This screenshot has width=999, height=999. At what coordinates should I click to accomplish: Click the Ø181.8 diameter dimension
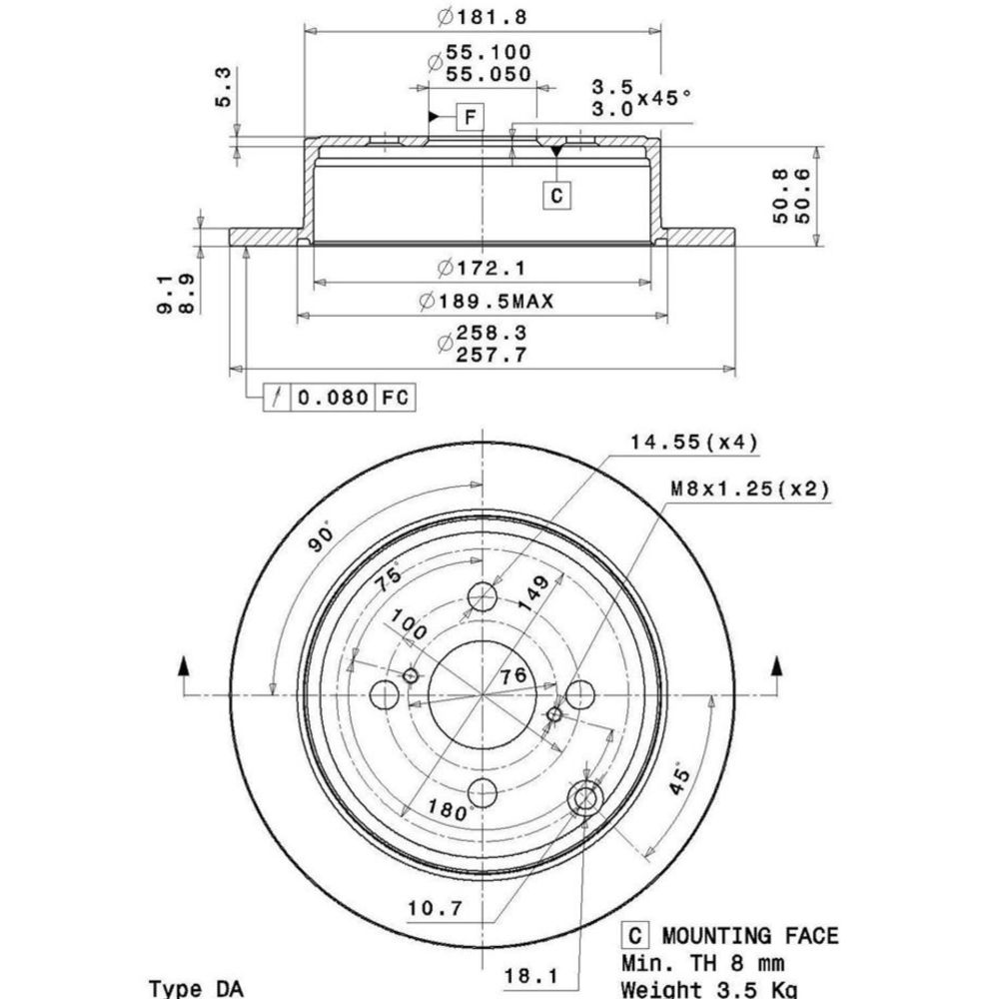[x=483, y=17]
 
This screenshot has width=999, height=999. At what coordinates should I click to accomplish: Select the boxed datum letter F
[x=471, y=117]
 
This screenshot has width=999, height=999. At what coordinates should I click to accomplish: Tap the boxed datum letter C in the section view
[x=556, y=195]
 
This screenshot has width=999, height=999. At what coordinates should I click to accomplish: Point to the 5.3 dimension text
[x=224, y=87]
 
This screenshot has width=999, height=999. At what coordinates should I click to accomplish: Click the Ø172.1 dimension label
[x=482, y=268]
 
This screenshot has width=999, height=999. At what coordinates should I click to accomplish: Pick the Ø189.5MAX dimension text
[x=487, y=300]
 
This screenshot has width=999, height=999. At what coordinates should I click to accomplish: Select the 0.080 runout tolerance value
[x=334, y=398]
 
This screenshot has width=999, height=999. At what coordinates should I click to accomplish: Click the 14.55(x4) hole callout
[x=694, y=442]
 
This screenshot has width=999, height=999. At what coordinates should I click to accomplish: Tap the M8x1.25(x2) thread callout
[x=750, y=489]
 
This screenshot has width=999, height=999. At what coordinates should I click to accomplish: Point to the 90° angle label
[x=321, y=537]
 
